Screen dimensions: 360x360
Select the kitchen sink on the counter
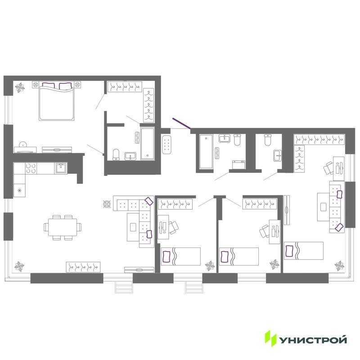coord(61,168)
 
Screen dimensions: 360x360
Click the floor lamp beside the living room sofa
coord(107,204)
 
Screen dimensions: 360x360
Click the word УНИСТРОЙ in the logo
coord(313,338)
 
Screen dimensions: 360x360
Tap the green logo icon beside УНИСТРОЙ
coord(270,338)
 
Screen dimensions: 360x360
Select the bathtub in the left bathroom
coord(148,144)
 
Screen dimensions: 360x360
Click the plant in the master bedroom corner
coord(20,87)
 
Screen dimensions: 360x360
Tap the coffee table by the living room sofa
coord(132,227)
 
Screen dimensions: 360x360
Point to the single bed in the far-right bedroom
coord(304,251)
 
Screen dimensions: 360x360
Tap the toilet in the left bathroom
coord(117,154)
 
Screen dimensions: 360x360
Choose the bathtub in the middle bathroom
coord(206,151)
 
